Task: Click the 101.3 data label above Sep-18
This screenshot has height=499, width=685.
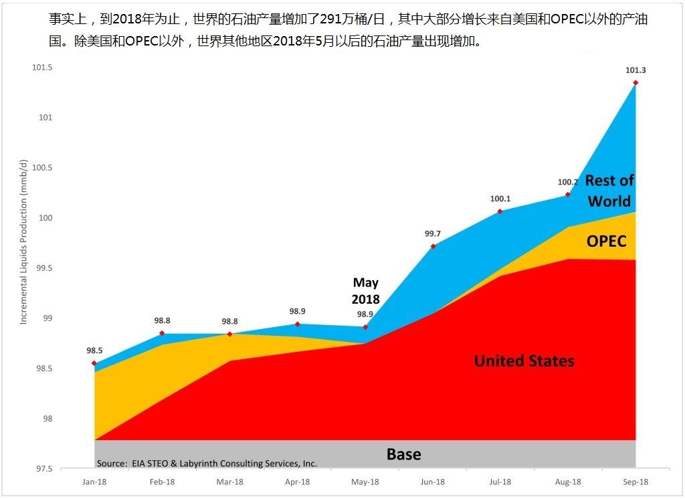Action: pos(635,70)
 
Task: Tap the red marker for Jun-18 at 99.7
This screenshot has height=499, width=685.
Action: pos(433,246)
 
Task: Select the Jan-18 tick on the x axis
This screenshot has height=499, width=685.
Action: pos(94,482)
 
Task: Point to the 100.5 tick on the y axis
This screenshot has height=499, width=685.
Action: pos(41,168)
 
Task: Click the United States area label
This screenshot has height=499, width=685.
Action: pos(524,361)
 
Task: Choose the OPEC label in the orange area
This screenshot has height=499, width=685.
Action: pos(606,241)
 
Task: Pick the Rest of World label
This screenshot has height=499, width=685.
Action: pos(609,191)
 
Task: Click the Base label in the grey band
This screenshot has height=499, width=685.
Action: pos(403,455)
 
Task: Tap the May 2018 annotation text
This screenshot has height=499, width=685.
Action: pos(366,291)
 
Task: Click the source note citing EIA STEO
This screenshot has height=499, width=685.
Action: pos(207,464)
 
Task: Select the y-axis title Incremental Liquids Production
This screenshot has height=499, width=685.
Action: pos(23,242)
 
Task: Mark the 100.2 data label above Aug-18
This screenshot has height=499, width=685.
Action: pos(567,182)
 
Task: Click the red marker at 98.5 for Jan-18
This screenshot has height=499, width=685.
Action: pos(94,363)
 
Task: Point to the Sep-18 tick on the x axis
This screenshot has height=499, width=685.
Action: pos(635,482)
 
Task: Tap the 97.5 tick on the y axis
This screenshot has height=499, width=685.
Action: pos(43,469)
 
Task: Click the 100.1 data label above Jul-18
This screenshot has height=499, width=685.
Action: pos(500,199)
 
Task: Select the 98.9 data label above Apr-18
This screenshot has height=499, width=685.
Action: pos(298,312)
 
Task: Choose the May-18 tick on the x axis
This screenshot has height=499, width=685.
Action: pos(365,482)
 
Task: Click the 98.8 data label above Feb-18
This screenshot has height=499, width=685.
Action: pos(163,321)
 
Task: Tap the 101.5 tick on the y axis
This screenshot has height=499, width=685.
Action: pos(41,68)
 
